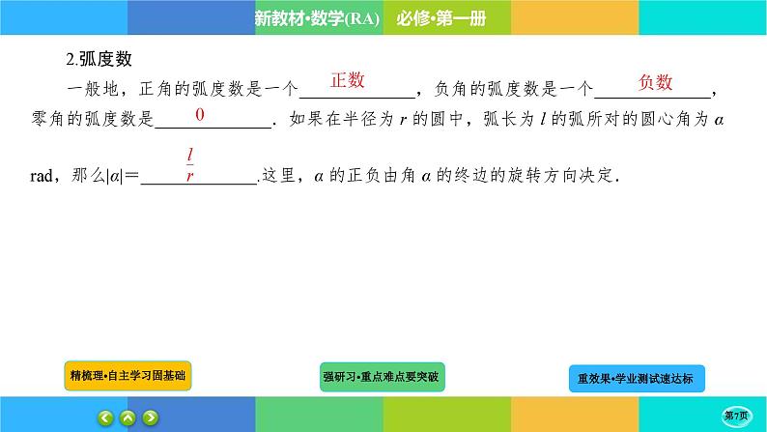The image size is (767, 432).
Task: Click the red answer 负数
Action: (655, 83)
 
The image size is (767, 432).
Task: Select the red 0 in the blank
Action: (200, 115)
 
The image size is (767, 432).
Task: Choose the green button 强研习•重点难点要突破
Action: (383, 376)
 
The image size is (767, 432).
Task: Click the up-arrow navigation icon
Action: (128, 418)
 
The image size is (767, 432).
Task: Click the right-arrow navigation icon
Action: (151, 418)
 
